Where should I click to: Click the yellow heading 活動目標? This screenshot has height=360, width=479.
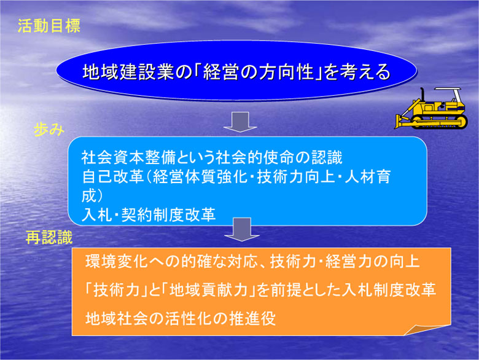tap(49, 26)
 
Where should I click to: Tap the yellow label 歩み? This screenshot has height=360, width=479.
tap(49, 130)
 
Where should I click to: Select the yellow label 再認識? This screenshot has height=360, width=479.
tap(49, 237)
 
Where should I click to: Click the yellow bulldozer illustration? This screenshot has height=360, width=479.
tap(431, 108)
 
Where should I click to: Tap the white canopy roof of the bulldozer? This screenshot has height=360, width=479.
tap(448, 89)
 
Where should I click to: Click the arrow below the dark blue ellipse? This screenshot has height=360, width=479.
tap(240, 122)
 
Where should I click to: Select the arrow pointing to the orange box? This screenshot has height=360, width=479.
tap(241, 230)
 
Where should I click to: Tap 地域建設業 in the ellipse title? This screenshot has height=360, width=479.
tap(128, 72)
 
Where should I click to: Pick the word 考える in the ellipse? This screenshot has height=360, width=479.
tap(365, 72)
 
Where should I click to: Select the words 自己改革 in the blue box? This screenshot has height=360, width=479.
tap(112, 177)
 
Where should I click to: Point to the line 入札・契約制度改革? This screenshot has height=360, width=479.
tap(149, 214)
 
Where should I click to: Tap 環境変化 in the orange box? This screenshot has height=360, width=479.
tap(117, 262)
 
